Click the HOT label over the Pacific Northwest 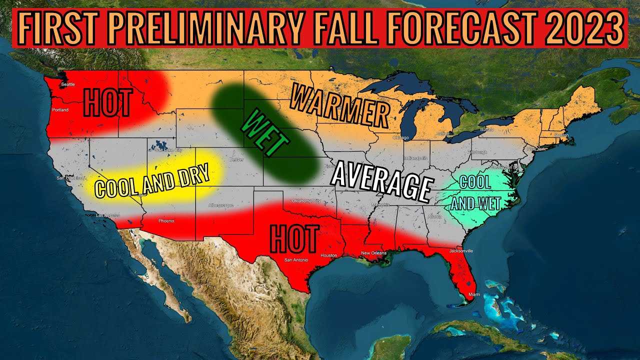click(107, 102)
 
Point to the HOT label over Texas click(294, 239)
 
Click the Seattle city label click(67, 84)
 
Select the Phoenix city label click(166, 220)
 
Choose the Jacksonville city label click(460, 250)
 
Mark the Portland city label click(60, 109)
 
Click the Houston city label click(329, 255)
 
